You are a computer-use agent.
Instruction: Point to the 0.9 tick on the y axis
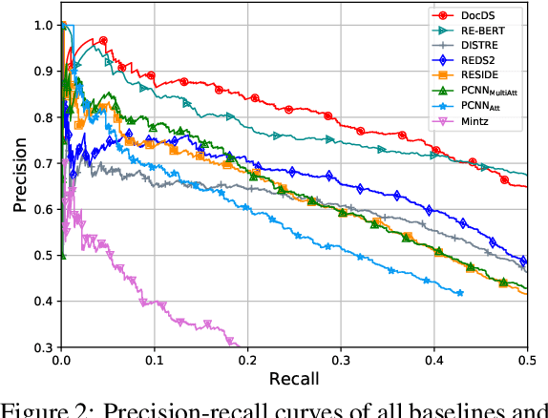click(x=41, y=71)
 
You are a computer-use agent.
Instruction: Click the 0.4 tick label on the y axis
click(x=41, y=302)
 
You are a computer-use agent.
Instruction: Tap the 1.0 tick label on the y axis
click(x=41, y=25)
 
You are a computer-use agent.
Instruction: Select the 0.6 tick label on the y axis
click(x=41, y=209)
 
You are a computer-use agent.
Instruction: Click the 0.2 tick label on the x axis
click(x=247, y=361)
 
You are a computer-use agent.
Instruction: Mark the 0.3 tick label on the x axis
click(x=340, y=361)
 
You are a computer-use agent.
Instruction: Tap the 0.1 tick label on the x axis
click(x=154, y=361)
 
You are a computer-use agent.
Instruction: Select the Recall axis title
click(x=293, y=378)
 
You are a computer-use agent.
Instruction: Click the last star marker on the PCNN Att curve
click(x=459, y=293)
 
